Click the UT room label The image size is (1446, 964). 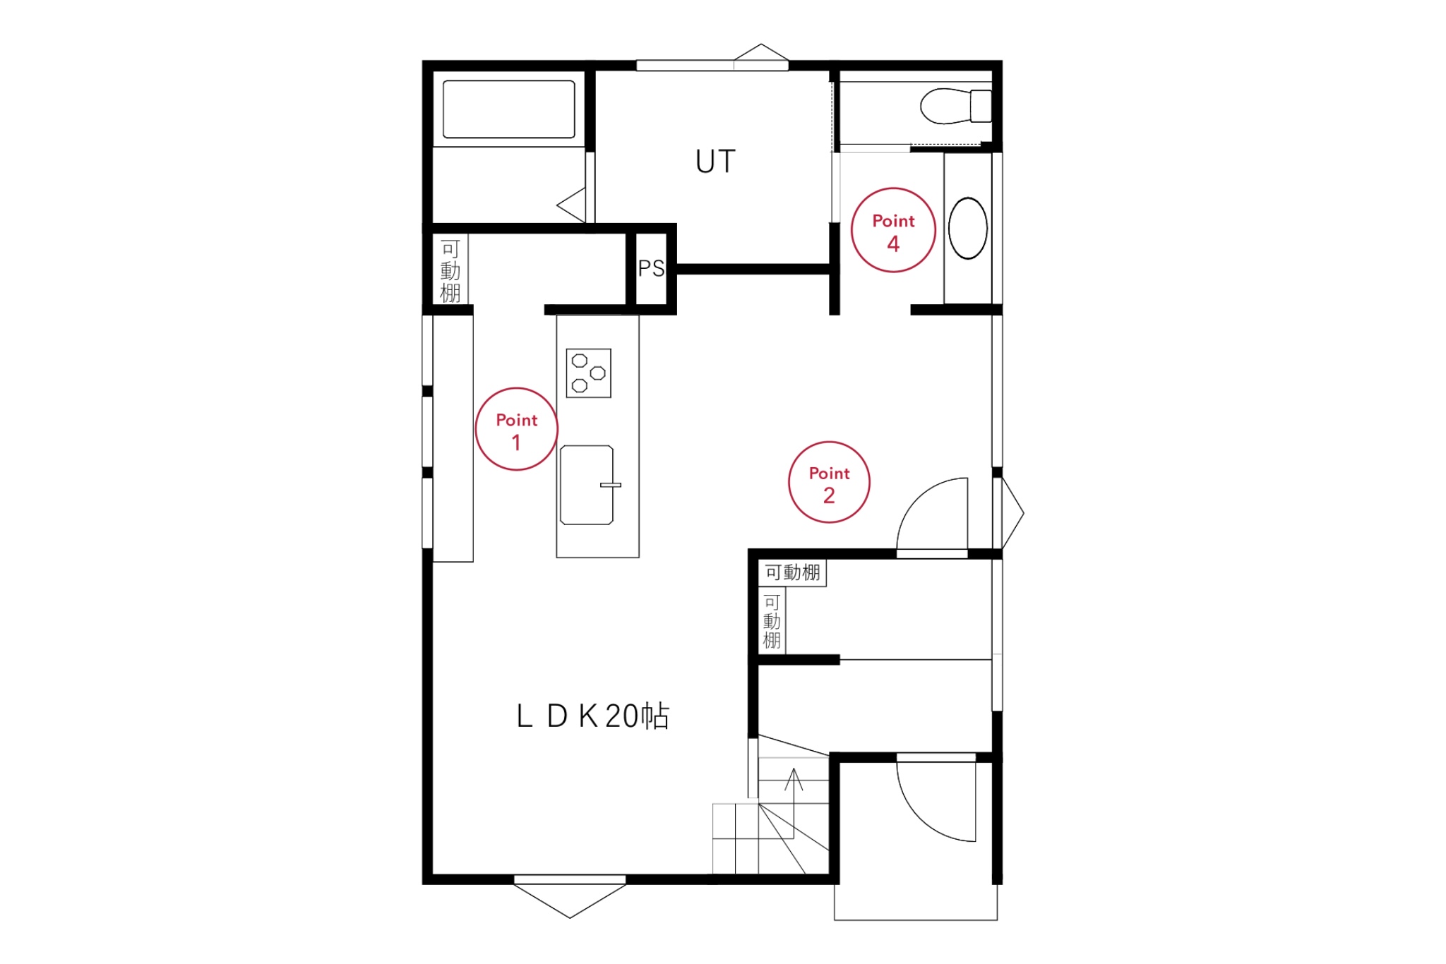(x=715, y=162)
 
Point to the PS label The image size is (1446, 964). (x=651, y=268)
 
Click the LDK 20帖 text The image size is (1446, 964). (x=593, y=716)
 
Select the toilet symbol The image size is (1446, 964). (x=956, y=106)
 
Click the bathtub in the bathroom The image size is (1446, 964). (x=509, y=109)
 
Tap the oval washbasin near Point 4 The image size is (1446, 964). (x=967, y=228)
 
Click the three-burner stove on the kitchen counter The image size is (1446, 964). (x=589, y=373)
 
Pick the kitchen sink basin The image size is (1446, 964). (x=587, y=485)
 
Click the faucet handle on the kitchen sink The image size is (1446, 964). (x=611, y=485)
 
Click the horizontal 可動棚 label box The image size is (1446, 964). (x=792, y=572)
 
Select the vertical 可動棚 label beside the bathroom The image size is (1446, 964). (x=450, y=271)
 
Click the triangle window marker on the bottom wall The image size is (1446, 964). (x=570, y=900)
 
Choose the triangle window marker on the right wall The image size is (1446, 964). (x=1012, y=513)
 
